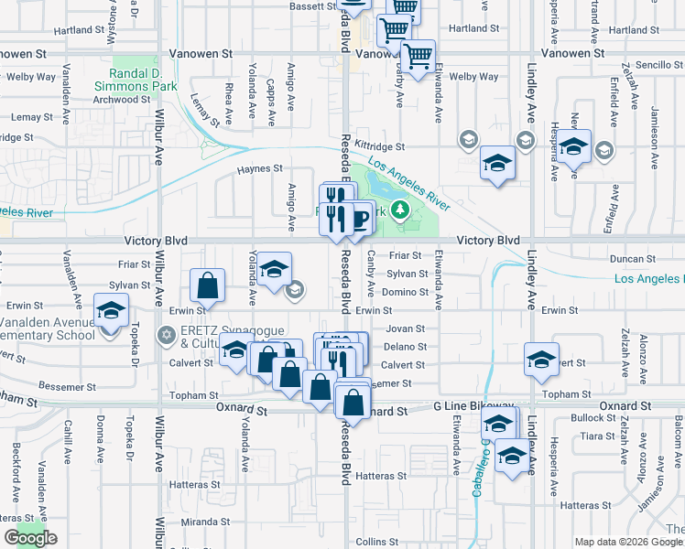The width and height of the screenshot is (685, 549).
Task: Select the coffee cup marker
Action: click(360, 220)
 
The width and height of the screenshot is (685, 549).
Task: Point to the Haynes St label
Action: click(259, 168)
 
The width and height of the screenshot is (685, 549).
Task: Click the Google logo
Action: click(30, 538)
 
